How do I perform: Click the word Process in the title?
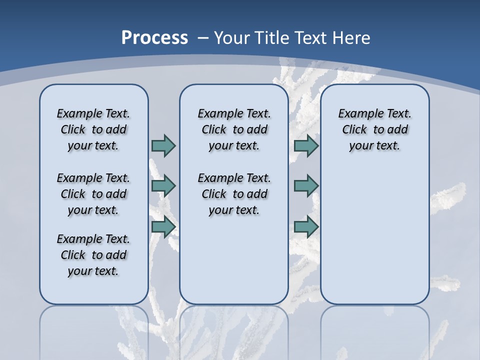click(x=154, y=37)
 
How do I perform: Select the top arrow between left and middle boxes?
click(x=163, y=145)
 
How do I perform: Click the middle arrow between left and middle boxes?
click(x=163, y=186)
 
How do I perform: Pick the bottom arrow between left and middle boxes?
click(x=163, y=227)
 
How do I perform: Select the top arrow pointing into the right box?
click(x=306, y=145)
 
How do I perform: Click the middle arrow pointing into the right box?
click(x=306, y=186)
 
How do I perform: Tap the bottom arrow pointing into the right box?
click(x=306, y=227)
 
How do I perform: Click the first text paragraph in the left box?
click(x=93, y=129)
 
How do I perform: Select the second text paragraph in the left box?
click(x=93, y=194)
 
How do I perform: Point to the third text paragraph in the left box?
click(x=93, y=255)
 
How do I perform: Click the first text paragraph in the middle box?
click(x=234, y=129)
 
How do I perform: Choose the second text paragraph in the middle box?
click(x=234, y=194)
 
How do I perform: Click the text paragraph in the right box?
click(x=375, y=129)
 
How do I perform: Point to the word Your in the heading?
click(x=232, y=38)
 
